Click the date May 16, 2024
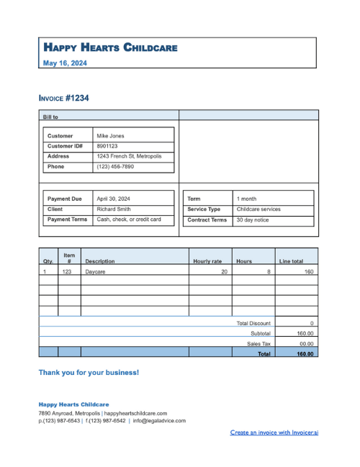click(65, 63)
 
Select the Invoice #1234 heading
click(64, 98)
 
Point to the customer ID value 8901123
click(107, 145)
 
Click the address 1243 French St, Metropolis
click(129, 156)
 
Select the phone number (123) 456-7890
click(115, 166)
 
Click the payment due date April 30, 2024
click(114, 199)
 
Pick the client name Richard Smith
click(114, 209)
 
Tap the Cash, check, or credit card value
click(129, 219)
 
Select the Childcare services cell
click(258, 209)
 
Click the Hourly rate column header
click(207, 261)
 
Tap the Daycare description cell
click(95, 272)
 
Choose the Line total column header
click(291, 261)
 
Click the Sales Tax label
click(258, 344)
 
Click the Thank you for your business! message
click(89, 373)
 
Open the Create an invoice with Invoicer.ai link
click(274, 432)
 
